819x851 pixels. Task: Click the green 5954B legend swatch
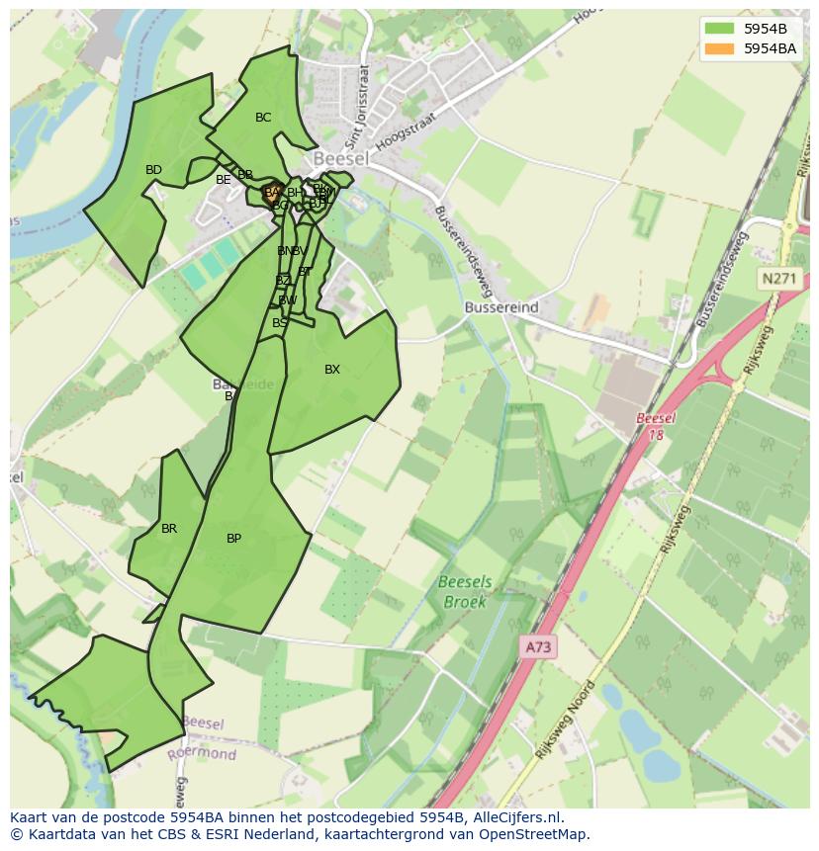point(720,29)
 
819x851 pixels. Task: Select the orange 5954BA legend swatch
point(720,48)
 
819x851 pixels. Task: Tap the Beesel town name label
point(340,158)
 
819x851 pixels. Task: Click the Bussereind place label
point(501,307)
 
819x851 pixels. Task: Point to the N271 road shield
point(778,280)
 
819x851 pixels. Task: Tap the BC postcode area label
point(262,118)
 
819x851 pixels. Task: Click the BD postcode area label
point(153,170)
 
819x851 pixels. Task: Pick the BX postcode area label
point(332,370)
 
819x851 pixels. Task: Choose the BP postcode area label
point(233,539)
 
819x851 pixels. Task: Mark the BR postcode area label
point(169,529)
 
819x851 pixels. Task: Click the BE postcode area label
point(223,180)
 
